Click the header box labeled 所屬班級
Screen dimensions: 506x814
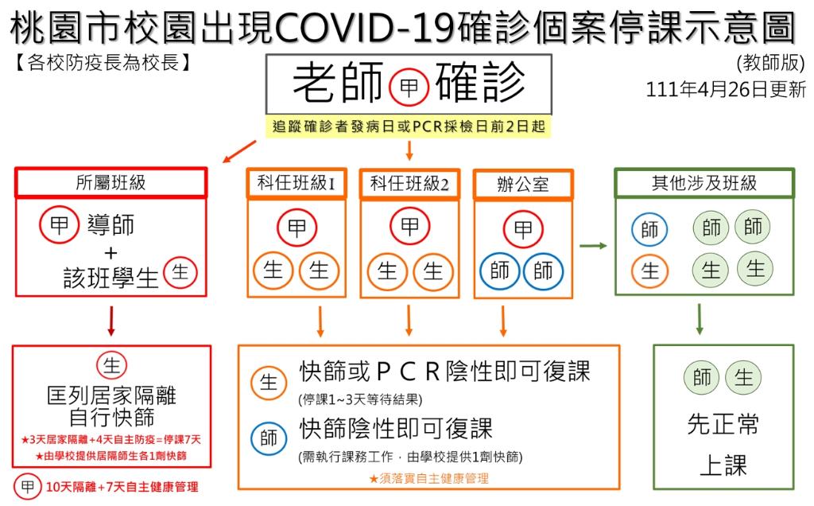(110, 183)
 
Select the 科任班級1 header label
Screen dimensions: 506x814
(297, 184)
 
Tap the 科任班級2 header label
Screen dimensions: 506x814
(409, 185)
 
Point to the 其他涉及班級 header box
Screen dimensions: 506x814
(704, 183)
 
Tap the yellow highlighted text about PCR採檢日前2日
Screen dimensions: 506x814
(409, 128)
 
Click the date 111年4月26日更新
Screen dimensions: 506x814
(726, 90)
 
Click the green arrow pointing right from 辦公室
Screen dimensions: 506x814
(593, 247)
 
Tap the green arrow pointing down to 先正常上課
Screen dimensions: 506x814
(700, 318)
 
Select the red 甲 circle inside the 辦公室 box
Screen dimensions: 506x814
(522, 230)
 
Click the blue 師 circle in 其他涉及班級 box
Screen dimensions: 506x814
(649, 231)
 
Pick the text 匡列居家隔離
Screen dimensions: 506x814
(111, 395)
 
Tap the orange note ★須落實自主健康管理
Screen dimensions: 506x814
(428, 479)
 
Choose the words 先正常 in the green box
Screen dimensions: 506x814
(723, 424)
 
